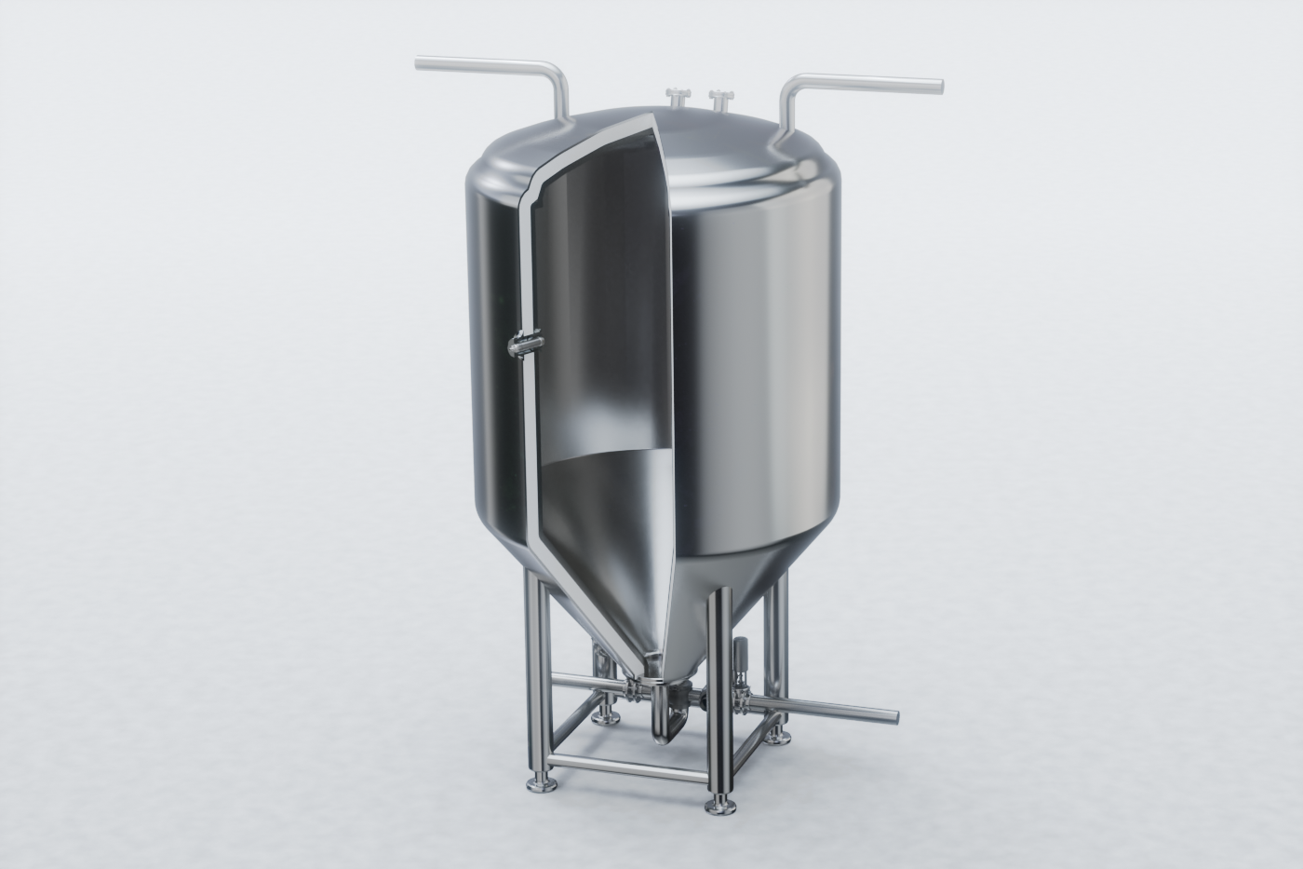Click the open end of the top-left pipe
[418, 66]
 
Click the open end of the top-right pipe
[937, 86]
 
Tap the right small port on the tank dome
[719, 97]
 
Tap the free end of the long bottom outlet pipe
[895, 717]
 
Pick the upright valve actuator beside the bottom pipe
[743, 664]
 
